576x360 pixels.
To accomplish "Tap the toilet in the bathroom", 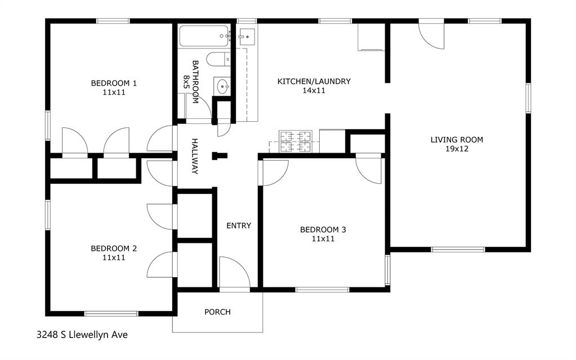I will tap(217, 59).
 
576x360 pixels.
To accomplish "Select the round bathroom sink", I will tap(222, 87).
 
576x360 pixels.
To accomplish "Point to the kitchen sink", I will tap(246, 37).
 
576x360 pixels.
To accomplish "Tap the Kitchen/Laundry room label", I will tap(314, 81).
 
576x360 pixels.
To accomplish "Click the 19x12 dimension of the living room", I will tap(457, 149).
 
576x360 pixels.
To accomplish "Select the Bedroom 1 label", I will tap(114, 83).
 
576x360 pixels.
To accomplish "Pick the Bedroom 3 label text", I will tap(323, 229).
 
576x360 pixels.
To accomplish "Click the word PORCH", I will tap(217, 312).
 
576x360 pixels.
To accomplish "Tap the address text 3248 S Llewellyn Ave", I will tap(82, 335).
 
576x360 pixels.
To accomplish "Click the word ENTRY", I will tap(239, 225).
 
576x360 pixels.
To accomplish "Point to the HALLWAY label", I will tap(195, 156).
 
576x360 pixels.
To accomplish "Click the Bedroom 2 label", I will tap(114, 248).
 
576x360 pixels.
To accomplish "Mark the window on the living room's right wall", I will tap(528, 98).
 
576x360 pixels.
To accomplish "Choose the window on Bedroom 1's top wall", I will tap(113, 21).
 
